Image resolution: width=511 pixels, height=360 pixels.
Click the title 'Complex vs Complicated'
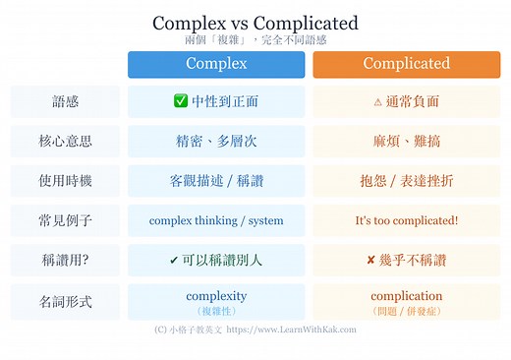click(255, 23)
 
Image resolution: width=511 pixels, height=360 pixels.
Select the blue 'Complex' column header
click(216, 64)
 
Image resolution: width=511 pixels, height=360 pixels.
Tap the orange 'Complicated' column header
click(406, 64)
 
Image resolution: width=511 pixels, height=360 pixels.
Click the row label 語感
click(65, 101)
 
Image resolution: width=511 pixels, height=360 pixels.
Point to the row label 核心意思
click(65, 141)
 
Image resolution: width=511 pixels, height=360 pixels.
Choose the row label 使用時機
click(65, 181)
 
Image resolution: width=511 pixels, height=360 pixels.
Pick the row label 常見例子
click(65, 221)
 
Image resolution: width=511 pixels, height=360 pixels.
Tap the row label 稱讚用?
click(65, 261)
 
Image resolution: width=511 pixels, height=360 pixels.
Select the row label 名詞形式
click(65, 301)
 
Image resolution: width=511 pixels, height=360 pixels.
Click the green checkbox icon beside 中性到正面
click(180, 101)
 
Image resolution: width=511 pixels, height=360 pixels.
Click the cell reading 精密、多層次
click(216, 141)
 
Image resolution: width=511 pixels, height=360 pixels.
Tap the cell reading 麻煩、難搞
click(406, 141)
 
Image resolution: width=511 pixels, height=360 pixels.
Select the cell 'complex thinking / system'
click(216, 221)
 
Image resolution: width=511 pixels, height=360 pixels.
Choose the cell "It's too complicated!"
click(406, 221)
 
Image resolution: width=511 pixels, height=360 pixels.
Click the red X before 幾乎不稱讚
click(370, 261)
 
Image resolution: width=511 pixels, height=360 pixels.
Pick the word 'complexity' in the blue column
click(216, 295)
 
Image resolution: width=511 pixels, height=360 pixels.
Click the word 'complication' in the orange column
click(406, 295)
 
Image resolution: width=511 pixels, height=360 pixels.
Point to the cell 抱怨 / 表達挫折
click(406, 181)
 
